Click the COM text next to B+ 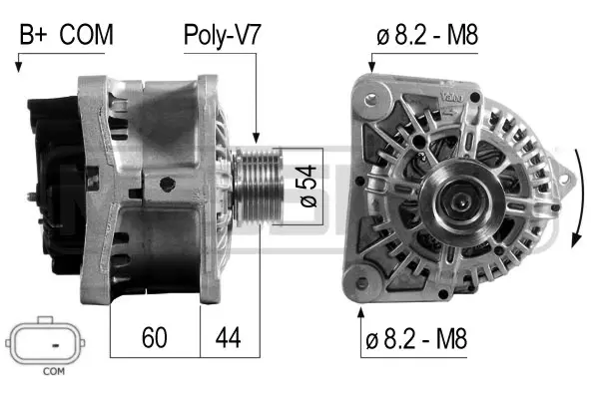coord(86,36)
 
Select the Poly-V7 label coord(222,36)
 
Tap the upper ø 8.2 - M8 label coord(427,36)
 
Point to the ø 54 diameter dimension coord(307,186)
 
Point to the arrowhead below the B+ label coord(19,68)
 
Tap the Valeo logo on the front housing coord(451,96)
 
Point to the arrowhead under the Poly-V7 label coord(257,140)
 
